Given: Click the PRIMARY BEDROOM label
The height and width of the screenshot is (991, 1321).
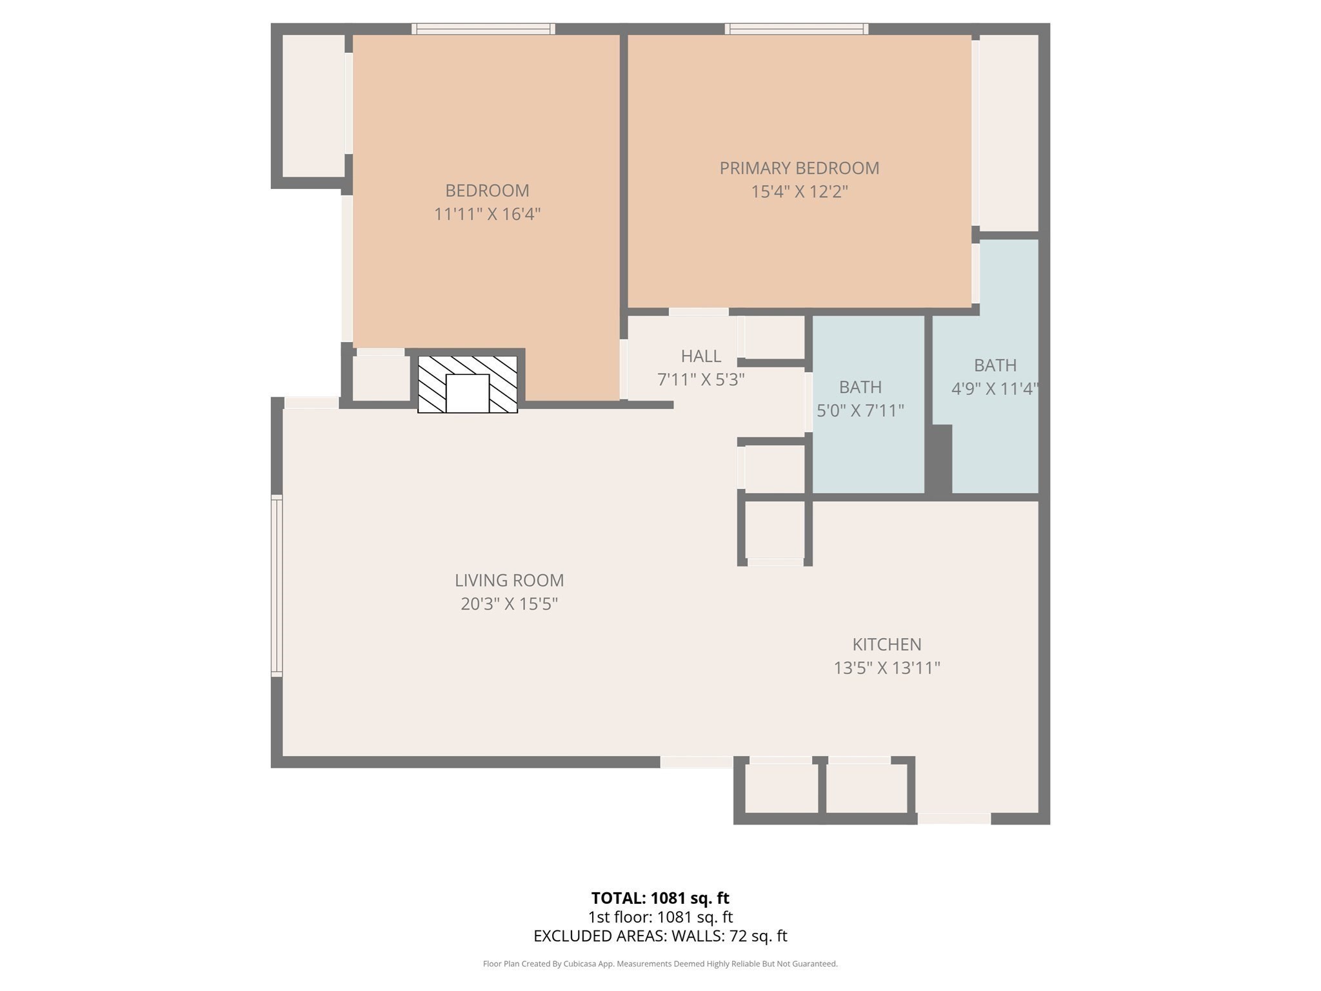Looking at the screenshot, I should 799,168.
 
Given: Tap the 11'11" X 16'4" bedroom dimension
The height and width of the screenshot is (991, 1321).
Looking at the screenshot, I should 487,214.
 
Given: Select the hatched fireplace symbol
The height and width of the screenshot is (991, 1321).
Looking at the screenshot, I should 468,385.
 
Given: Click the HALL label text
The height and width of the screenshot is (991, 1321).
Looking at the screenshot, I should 700,356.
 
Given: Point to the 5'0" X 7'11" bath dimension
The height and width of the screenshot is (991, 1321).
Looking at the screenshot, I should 860,411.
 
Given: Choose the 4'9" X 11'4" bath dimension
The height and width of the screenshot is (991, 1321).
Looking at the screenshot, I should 994,389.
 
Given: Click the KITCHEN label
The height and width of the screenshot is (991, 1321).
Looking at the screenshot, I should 886,645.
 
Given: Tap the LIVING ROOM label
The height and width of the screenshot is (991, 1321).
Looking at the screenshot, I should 509,581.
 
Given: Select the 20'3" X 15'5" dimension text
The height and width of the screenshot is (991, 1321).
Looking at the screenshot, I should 509,605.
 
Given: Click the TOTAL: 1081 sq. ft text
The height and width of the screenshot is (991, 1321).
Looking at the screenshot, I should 660,898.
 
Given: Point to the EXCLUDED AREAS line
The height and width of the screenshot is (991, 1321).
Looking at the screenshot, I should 660,936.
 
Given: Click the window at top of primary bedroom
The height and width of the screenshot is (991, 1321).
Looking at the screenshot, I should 796,28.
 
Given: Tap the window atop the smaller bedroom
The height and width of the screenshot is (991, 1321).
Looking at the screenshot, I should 483,28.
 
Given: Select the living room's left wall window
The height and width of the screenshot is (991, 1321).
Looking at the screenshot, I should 277,586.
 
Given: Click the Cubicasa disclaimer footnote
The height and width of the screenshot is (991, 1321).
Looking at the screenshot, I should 660,964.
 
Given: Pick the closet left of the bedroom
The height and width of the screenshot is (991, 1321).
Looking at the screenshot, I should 313,105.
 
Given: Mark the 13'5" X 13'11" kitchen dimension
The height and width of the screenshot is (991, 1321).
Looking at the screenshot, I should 886,668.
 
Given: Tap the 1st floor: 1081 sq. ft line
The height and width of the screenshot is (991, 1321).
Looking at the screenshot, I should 660,917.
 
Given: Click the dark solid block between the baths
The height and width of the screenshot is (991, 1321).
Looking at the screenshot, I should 939,458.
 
